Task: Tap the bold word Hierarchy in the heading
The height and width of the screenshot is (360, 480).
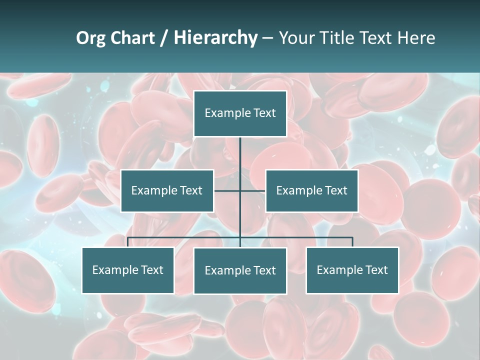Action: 215,38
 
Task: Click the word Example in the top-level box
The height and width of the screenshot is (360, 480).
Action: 227,113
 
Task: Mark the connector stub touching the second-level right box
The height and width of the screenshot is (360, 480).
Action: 253,190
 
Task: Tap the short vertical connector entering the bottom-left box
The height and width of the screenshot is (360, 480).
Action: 128,242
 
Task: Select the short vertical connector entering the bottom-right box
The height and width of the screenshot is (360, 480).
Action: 352,242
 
